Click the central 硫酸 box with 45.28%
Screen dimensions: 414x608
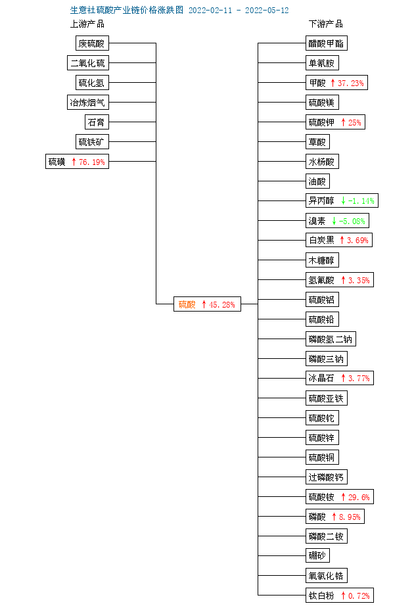point(207,304)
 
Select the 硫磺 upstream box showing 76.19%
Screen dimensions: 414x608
point(77,161)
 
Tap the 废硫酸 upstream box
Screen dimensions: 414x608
point(92,43)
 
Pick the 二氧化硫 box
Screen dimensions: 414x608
point(88,63)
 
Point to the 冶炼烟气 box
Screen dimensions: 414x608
point(88,103)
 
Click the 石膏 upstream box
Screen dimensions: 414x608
point(97,122)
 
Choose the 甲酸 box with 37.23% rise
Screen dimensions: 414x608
point(336,83)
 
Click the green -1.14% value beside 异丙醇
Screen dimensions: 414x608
point(361,201)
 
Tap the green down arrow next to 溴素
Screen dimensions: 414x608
point(334,221)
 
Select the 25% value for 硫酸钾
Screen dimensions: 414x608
point(355,122)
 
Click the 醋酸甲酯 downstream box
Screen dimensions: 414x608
point(327,43)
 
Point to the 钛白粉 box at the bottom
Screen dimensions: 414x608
point(340,596)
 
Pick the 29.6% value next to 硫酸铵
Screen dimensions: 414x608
point(359,497)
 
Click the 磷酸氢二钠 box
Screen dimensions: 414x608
point(331,339)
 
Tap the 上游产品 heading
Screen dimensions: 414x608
point(87,24)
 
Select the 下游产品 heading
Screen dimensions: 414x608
point(326,24)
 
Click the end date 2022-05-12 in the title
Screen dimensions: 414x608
point(267,11)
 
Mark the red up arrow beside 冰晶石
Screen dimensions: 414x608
point(343,378)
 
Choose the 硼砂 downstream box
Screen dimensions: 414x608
point(317,555)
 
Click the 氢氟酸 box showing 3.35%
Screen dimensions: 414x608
point(340,279)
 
